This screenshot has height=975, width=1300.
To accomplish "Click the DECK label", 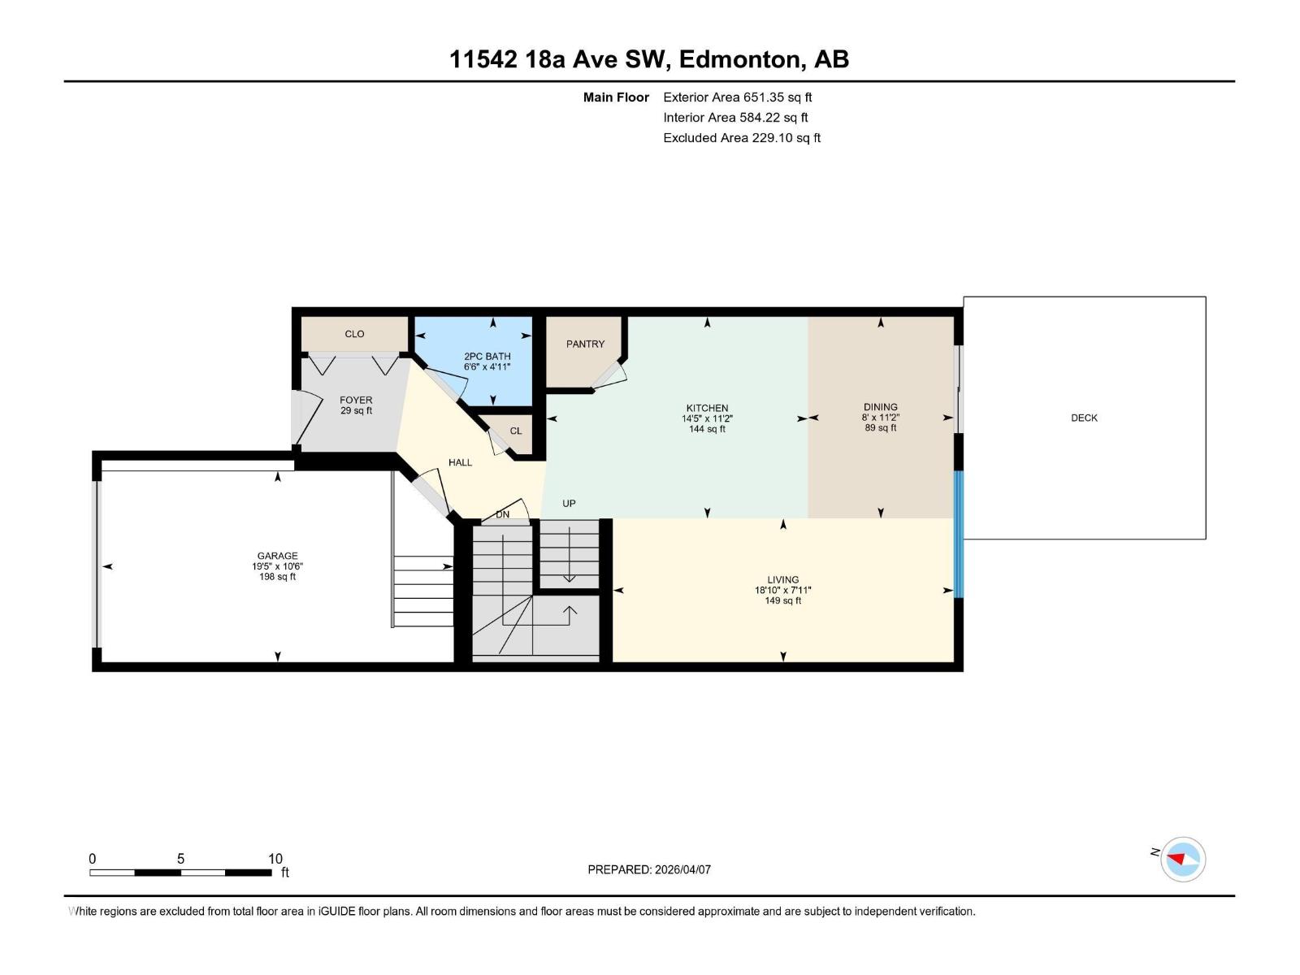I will [1084, 418].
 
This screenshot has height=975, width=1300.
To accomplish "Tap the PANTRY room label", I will [585, 344].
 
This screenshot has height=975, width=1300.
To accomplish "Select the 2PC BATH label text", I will [487, 356].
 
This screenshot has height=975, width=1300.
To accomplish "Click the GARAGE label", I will [277, 556].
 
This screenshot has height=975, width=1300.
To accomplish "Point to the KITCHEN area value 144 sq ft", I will [707, 429].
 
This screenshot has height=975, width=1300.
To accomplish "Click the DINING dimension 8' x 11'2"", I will [881, 418].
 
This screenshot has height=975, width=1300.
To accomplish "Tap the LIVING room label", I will [782, 580].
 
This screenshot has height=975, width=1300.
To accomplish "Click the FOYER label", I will [356, 400].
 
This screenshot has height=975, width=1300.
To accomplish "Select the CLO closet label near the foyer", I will [354, 334].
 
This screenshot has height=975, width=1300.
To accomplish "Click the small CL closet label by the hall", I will [516, 431].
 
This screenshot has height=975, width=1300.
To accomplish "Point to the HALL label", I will [460, 462].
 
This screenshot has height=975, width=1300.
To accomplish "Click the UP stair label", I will [569, 504].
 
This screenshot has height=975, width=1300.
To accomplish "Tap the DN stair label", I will [503, 514].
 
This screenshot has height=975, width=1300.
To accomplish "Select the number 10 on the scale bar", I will [275, 859].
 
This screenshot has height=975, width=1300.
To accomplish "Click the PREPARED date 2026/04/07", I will [682, 869].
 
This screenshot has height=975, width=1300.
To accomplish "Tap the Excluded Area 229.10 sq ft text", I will [741, 137].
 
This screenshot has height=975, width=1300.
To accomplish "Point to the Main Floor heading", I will [616, 97].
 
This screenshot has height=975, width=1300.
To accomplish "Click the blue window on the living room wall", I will [958, 534].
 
